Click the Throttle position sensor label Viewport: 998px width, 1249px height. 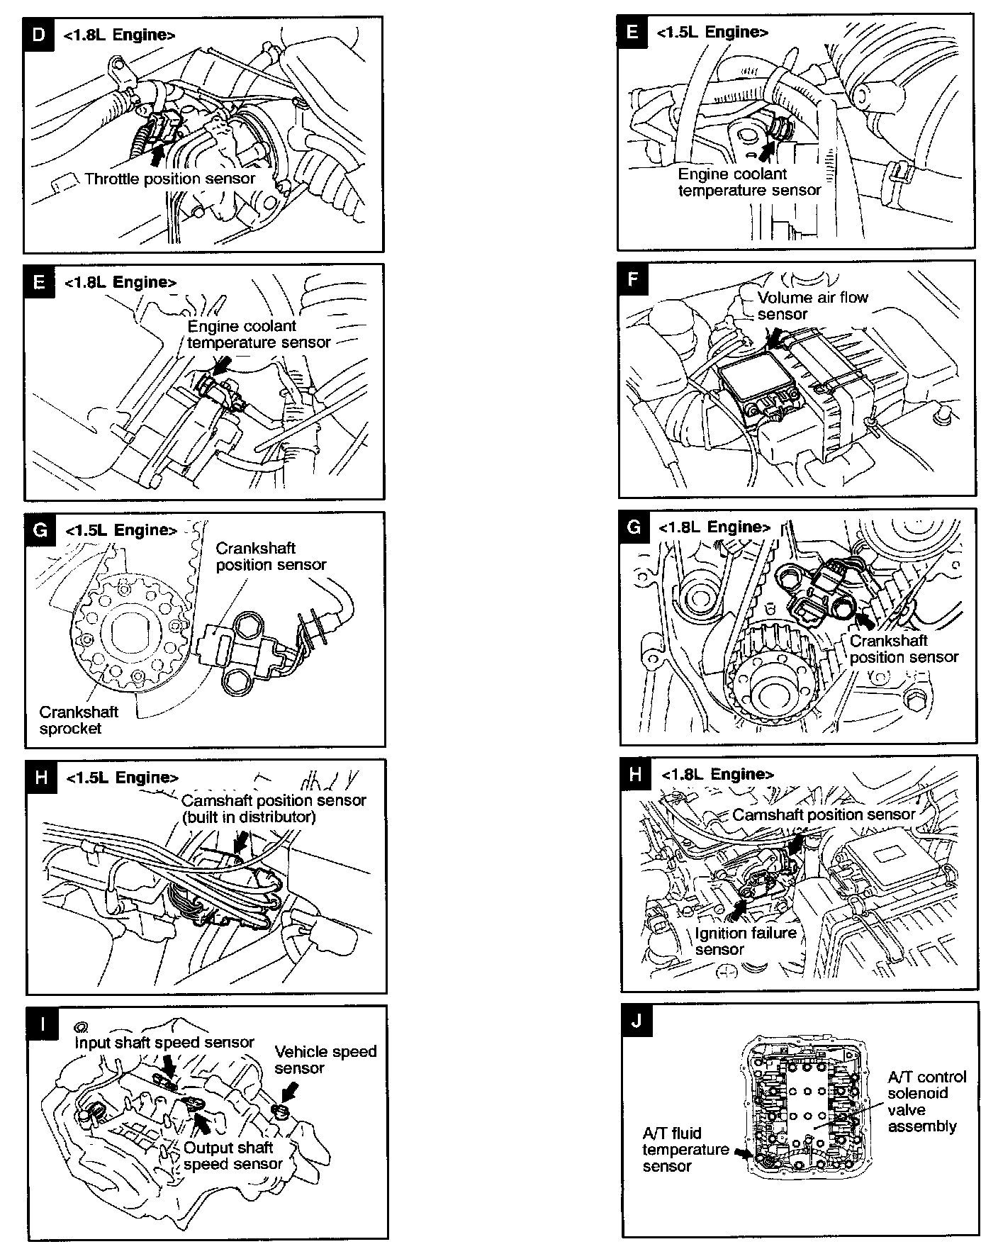coord(169,179)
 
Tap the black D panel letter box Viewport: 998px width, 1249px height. coord(38,34)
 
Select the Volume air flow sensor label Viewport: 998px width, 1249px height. coord(812,306)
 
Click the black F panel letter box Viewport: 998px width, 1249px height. coord(633,279)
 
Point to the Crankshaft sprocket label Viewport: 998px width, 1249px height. coord(79,720)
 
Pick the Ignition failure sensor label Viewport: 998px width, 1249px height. coord(746,941)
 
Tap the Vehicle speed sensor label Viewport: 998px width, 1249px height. coord(325,1060)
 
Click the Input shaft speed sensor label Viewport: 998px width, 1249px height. coord(164,1043)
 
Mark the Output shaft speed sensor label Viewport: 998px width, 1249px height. coord(232,1155)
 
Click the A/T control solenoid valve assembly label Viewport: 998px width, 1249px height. coord(926,1102)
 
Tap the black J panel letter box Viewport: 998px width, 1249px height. coord(637,1021)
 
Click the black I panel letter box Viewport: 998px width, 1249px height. coord(43,1025)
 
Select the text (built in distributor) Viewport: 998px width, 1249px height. coord(248,817)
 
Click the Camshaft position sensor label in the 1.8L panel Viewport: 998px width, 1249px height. coord(824,814)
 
